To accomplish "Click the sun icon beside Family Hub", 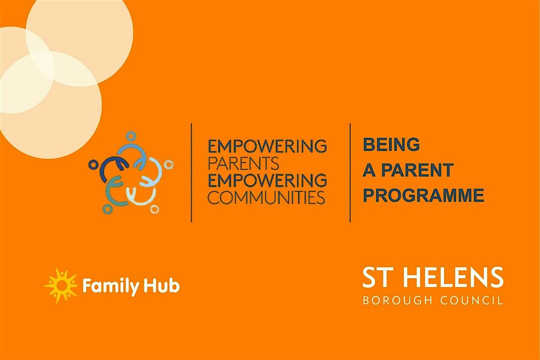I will tap(60, 285).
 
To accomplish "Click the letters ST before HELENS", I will tap(377, 279).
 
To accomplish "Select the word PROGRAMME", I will tap(423, 195).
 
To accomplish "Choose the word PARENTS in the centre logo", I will tap(238, 162).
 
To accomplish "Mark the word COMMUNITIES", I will tap(266, 197).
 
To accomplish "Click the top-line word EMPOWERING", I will tap(266, 146).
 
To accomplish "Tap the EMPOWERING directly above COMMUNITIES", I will tap(266, 180).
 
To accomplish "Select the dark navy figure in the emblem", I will tap(108, 166).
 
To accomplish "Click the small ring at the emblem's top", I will tap(130, 135).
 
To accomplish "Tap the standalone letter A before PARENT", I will tap(369, 170).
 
